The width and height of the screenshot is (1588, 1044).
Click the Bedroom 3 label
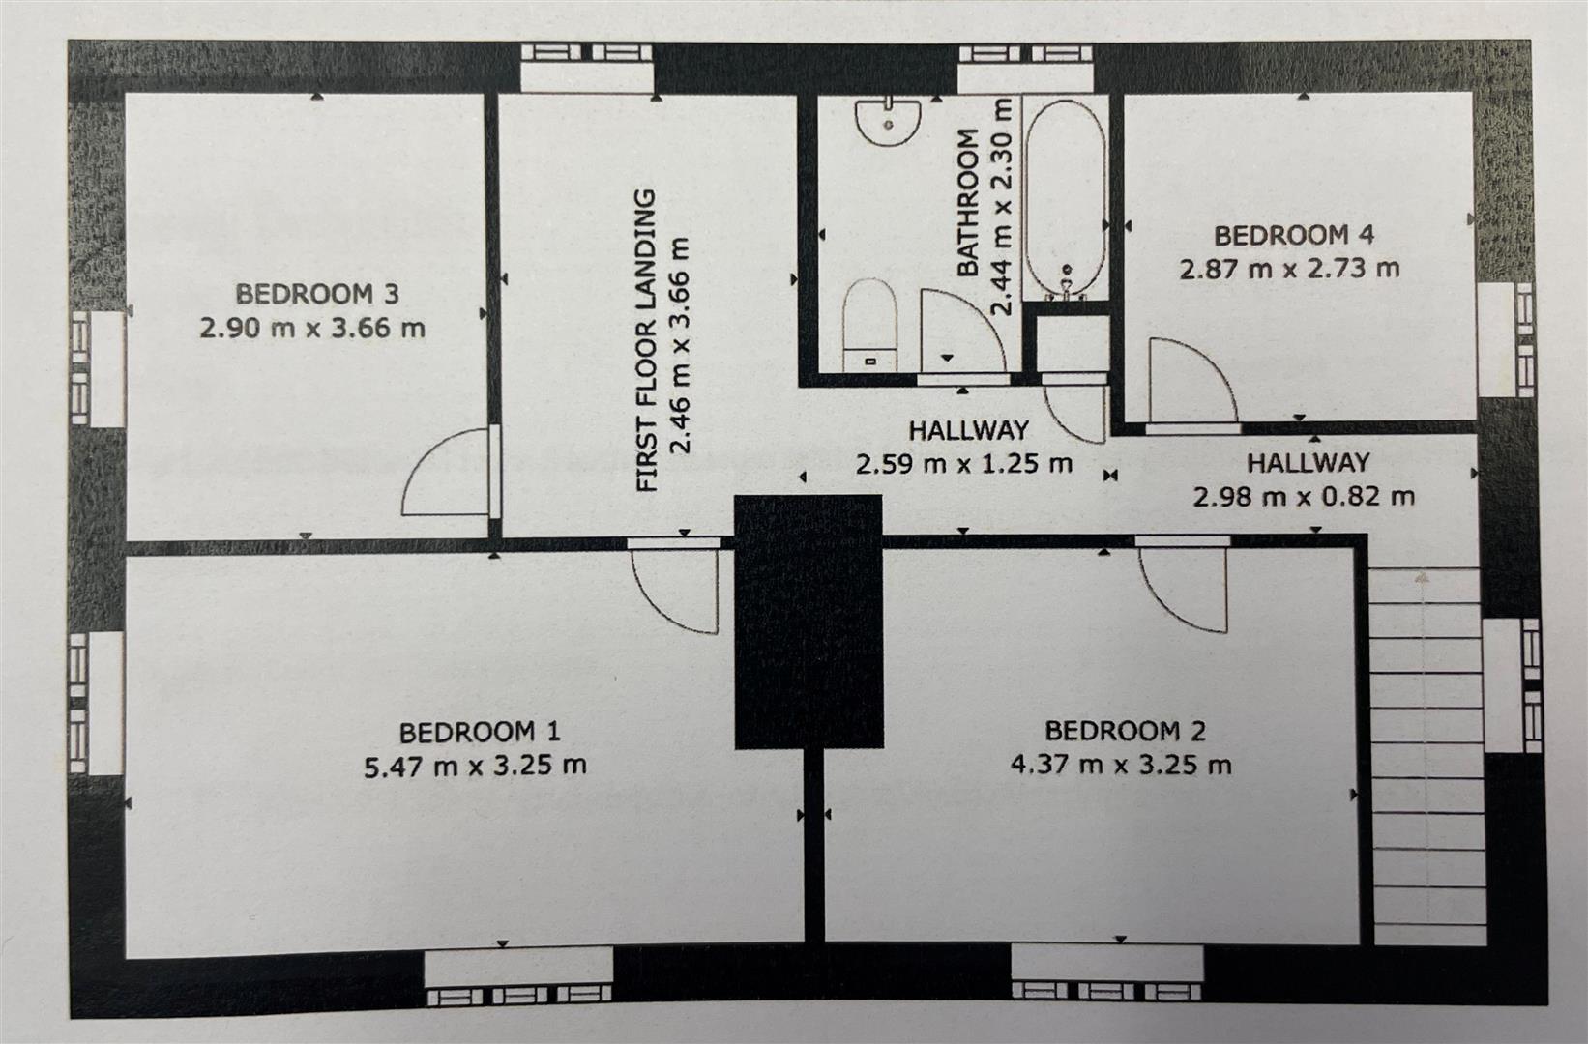[316, 293]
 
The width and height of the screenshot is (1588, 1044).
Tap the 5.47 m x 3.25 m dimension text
[475, 766]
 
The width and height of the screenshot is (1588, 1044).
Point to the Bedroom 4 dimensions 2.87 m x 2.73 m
[1289, 268]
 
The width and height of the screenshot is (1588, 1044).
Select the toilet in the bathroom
[869, 323]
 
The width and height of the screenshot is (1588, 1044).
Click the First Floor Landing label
[645, 340]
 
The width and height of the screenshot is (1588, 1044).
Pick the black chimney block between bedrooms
[809, 621]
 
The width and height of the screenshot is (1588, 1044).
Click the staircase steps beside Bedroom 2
[1427, 754]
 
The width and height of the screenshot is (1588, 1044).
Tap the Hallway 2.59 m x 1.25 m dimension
[963, 464]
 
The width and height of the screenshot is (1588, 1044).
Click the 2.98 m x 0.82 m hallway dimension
[1303, 497]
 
